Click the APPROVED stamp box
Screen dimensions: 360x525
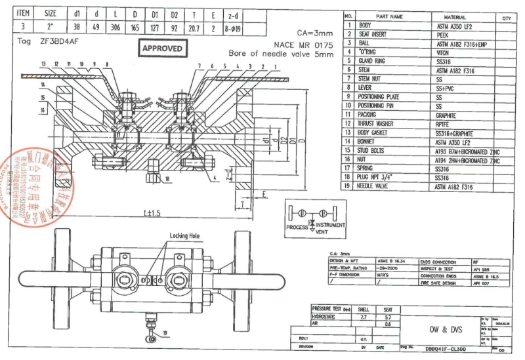[x=163, y=49]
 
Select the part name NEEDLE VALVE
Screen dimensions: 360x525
[x=378, y=187]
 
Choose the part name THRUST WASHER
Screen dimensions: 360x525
[x=379, y=123]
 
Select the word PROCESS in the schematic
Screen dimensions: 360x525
[x=297, y=227]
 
